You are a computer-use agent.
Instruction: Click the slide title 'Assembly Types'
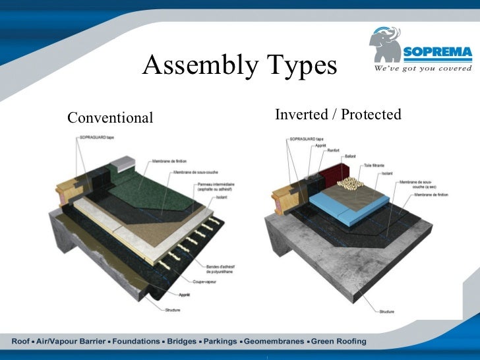pos(239,65)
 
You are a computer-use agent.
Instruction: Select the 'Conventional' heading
pos(110,118)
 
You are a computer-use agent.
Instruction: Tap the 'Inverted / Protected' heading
pos(338,115)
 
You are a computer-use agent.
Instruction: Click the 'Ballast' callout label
pos(349,156)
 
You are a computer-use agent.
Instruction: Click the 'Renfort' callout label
pos(334,150)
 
